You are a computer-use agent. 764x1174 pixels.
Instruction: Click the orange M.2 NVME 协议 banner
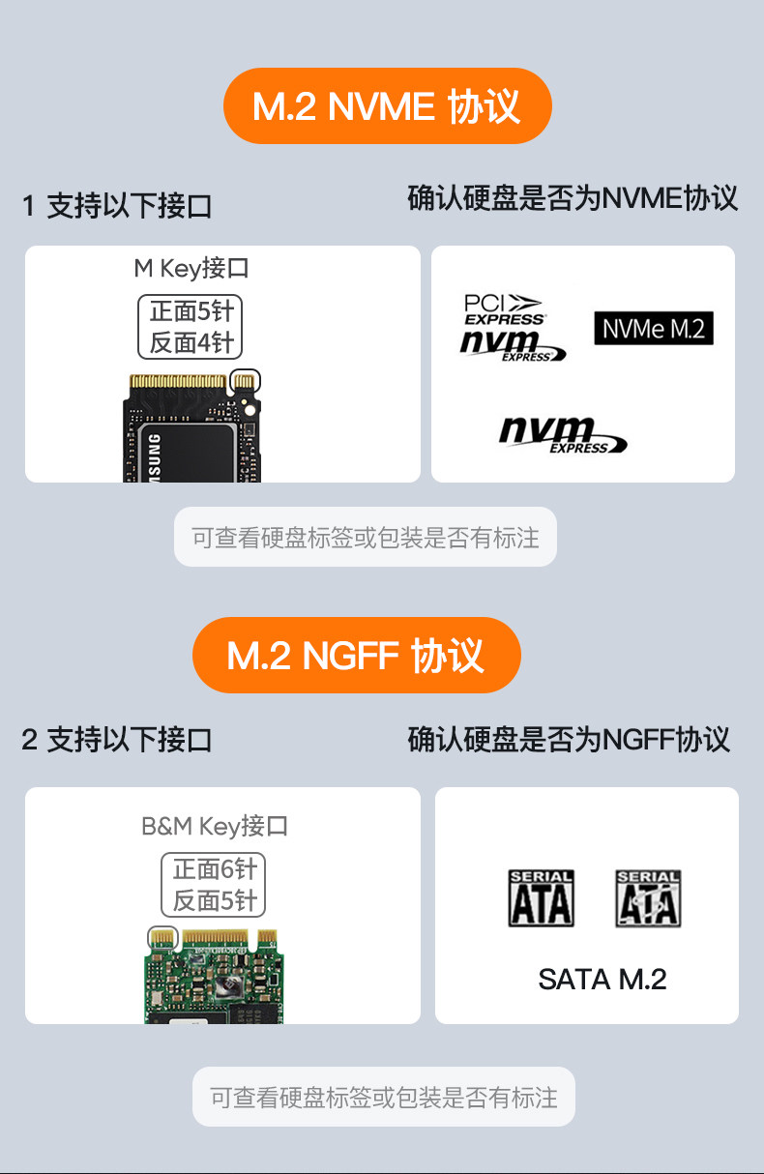click(387, 105)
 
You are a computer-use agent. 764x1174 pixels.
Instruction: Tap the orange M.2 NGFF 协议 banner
click(356, 655)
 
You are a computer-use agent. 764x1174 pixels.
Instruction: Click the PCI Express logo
click(504, 308)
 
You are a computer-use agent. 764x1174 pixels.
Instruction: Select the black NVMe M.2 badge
click(653, 329)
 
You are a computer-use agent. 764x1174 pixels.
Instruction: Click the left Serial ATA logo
click(542, 898)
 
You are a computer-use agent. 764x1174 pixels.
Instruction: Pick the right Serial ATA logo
click(648, 898)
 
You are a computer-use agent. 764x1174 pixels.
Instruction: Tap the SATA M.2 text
click(602, 979)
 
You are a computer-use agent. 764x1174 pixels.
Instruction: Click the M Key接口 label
click(191, 268)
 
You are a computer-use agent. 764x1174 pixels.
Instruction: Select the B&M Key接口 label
click(215, 826)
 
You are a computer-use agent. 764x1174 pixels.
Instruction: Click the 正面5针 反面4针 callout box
click(191, 327)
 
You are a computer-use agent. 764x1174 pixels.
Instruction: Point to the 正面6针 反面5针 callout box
click(214, 884)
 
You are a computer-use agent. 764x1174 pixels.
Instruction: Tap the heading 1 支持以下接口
click(117, 205)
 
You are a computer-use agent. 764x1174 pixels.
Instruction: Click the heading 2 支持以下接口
click(117, 740)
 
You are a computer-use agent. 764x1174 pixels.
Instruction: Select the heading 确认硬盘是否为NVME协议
click(573, 198)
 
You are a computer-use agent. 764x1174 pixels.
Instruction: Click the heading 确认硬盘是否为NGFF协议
click(569, 740)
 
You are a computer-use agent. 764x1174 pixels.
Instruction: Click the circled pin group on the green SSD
click(162, 936)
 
